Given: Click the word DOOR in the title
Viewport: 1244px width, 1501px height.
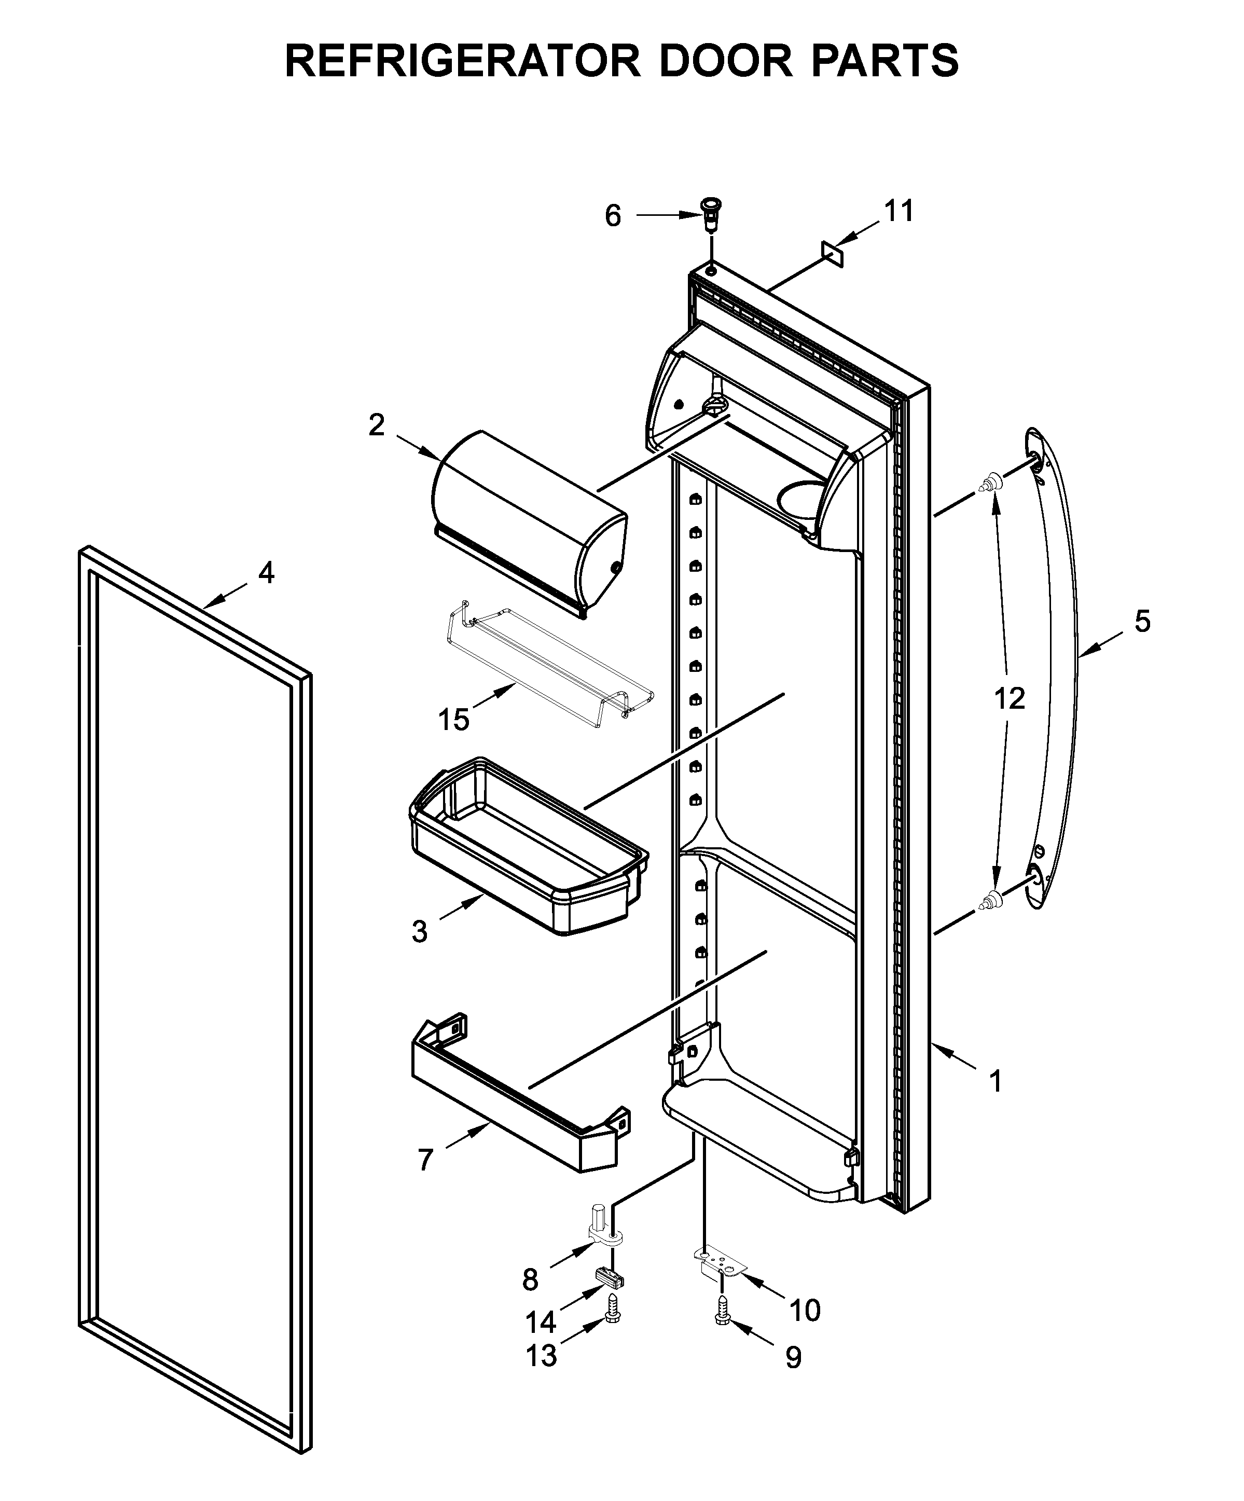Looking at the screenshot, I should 725,61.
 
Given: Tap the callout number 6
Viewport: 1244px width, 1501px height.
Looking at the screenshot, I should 612,216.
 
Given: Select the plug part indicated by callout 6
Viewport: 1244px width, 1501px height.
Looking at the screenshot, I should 710,212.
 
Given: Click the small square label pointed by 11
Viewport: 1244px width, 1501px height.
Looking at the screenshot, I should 833,254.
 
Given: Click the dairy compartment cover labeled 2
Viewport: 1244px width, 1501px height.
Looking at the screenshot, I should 529,522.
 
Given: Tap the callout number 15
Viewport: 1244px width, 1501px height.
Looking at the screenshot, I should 454,720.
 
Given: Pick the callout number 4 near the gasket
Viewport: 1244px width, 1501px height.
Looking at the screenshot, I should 266,572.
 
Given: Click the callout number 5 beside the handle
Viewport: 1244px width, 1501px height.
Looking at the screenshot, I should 1142,621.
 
